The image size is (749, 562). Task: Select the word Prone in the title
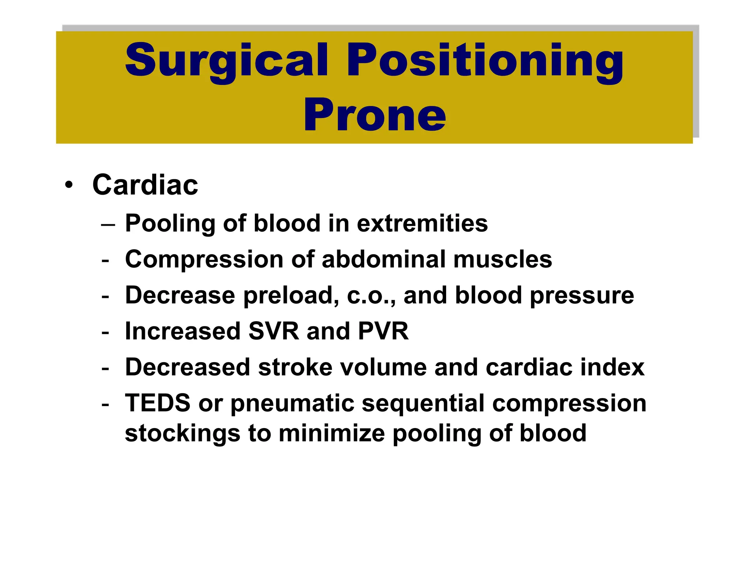tap(374, 115)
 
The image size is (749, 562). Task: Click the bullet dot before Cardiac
tap(68, 185)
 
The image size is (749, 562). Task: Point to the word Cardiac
tap(145, 185)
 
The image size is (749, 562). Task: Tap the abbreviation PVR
tap(383, 331)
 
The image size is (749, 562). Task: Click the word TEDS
tap(158, 403)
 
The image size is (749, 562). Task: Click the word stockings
tap(182, 434)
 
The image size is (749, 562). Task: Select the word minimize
tap(332, 433)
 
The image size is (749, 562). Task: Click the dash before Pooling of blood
tap(108, 224)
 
